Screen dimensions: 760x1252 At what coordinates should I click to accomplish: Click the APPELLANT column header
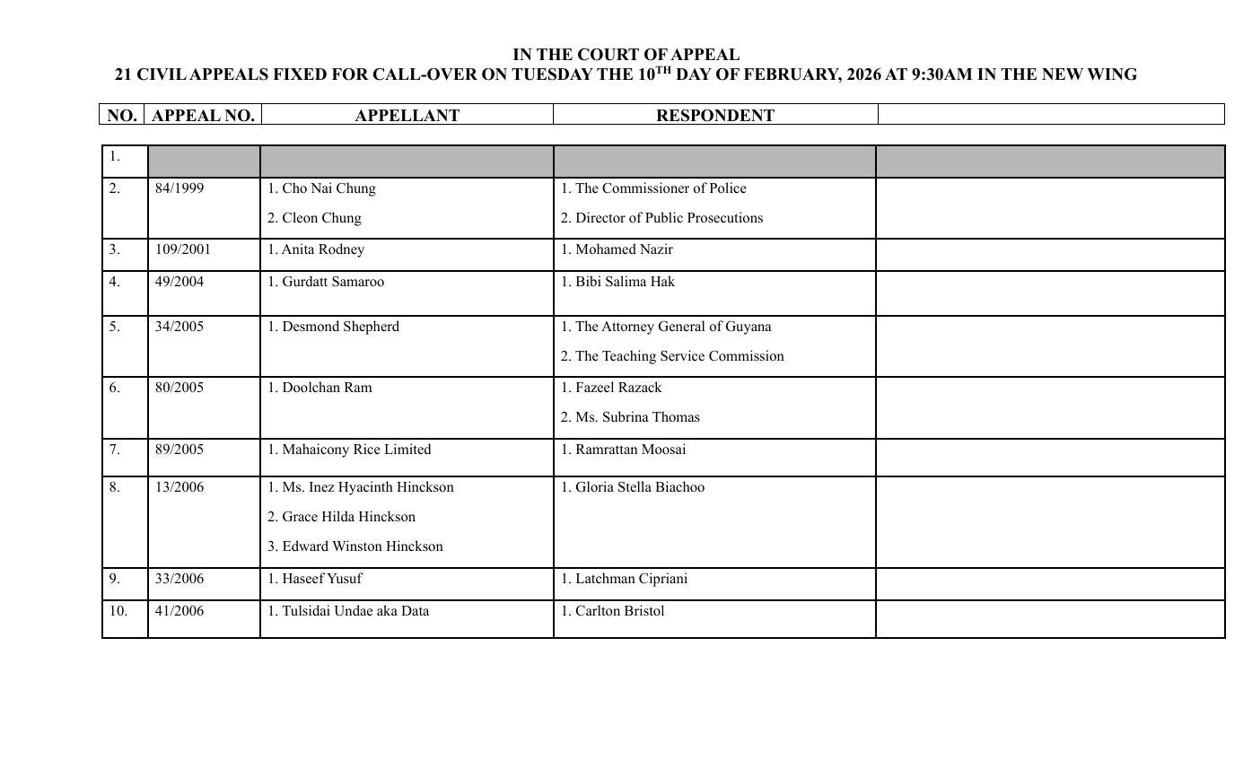[x=407, y=116]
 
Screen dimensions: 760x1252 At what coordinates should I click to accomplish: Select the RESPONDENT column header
[x=714, y=116]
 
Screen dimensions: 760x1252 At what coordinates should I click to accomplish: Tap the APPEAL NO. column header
[x=203, y=116]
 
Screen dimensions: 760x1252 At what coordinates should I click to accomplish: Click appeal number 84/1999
[x=179, y=189]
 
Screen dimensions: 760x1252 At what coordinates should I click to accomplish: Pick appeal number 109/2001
[x=183, y=250]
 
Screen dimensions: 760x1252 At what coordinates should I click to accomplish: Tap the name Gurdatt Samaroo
[x=326, y=283]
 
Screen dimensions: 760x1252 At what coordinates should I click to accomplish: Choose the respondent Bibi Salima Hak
[x=617, y=283]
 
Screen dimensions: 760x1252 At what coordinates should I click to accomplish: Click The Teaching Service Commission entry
[x=672, y=357]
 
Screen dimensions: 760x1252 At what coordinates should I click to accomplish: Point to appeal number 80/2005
[x=179, y=389]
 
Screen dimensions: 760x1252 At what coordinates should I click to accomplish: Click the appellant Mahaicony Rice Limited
[x=349, y=450]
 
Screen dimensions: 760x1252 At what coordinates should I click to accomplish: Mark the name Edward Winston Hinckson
[x=355, y=546]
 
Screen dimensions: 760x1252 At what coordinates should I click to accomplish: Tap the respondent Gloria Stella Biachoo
[x=633, y=488]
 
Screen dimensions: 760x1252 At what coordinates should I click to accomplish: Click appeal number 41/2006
[x=179, y=612]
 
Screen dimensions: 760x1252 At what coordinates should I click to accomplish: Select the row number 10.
[x=118, y=612]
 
